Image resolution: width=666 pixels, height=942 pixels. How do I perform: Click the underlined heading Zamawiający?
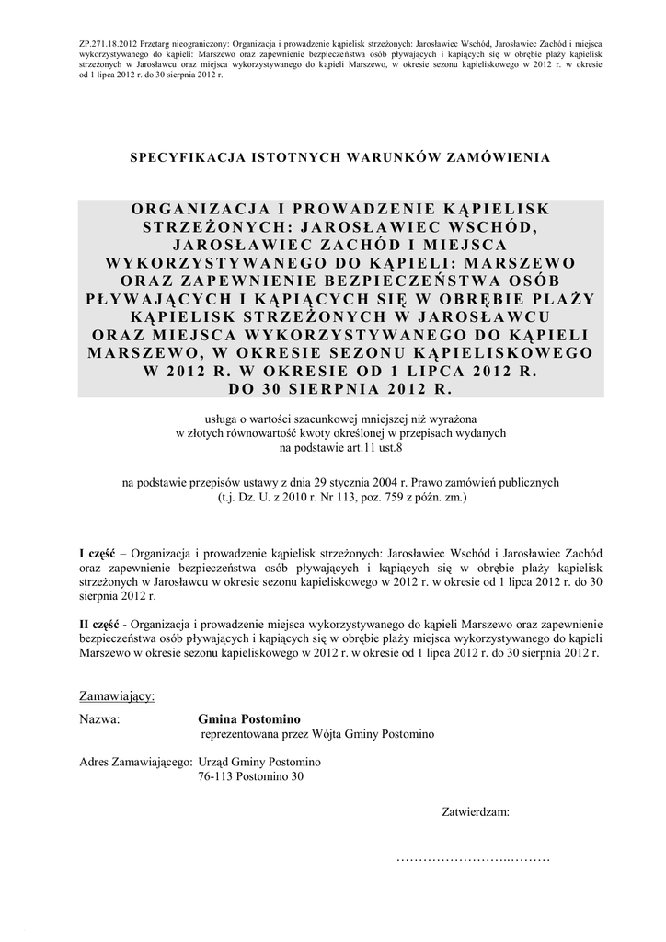pos(117,695)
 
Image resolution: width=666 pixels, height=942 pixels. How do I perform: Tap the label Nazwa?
pos(100,719)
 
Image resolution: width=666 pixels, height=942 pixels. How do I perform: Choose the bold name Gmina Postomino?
pos(248,719)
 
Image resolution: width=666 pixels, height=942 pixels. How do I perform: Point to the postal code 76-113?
pos(217,776)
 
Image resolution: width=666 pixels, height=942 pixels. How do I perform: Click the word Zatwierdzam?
pos(476,812)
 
